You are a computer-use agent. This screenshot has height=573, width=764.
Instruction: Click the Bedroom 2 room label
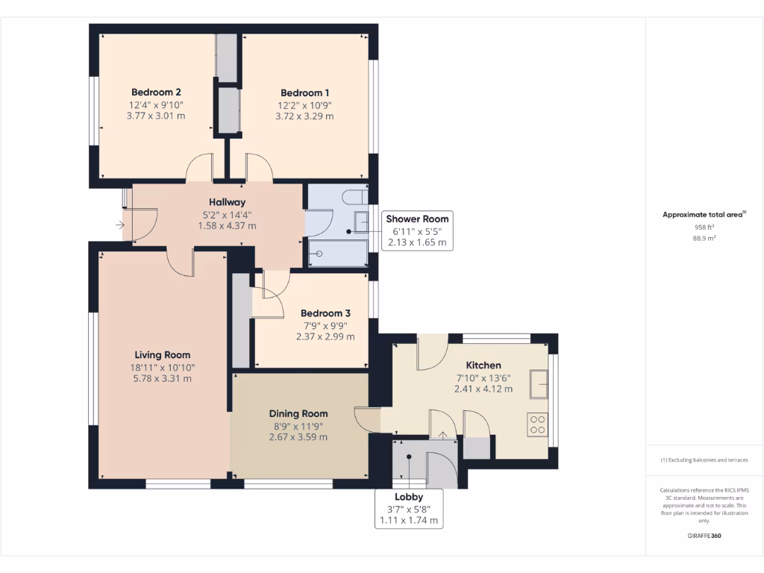(156, 92)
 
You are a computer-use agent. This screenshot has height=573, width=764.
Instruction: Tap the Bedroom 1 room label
(304, 93)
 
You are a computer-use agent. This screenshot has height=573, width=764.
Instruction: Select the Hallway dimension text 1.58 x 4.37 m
(227, 225)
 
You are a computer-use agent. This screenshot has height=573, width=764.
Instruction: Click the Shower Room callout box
(417, 231)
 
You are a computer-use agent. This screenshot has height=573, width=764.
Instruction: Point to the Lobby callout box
(409, 509)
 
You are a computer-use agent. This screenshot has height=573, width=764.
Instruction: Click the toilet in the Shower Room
(354, 197)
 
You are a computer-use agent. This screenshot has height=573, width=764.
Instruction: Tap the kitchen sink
(539, 384)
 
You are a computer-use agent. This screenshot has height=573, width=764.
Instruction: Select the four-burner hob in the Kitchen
(537, 425)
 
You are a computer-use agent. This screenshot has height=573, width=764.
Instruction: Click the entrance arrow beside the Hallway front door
(120, 225)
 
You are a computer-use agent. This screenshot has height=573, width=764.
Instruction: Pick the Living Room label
(162, 355)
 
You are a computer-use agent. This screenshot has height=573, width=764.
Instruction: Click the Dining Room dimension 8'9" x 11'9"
(298, 426)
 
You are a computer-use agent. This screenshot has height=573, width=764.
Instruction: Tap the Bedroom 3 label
(325, 313)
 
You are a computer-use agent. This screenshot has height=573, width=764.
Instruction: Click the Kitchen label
(483, 366)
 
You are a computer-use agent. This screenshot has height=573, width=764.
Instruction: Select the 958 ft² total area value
(704, 227)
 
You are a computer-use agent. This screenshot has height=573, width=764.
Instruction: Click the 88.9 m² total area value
(704, 238)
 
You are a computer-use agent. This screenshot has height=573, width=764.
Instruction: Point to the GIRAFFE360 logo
(704, 536)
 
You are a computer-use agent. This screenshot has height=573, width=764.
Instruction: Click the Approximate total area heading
(704, 214)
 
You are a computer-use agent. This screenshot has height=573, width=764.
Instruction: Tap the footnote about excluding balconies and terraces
(704, 460)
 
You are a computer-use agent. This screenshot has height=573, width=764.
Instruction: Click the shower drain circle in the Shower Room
(319, 254)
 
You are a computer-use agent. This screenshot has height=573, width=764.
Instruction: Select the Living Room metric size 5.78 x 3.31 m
(162, 378)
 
